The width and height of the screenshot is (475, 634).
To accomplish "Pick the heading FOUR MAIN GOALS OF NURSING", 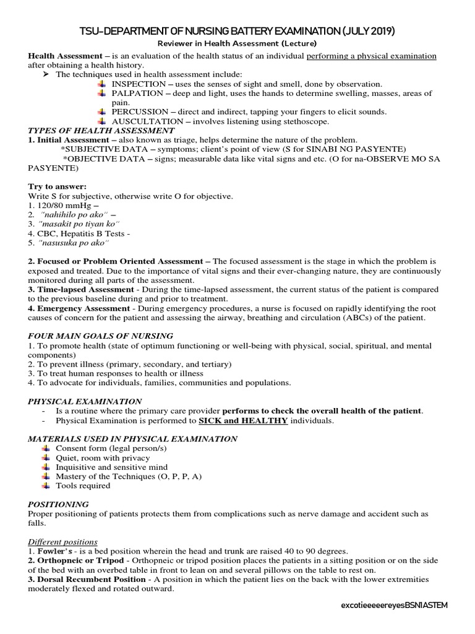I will [101, 336].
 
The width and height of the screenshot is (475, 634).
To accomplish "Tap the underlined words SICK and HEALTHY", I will [243, 421].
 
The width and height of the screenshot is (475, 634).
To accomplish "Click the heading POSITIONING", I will [59, 505].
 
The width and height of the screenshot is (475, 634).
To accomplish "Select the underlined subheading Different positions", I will [63, 542].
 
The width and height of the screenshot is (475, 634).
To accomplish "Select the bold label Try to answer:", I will [58, 186].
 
